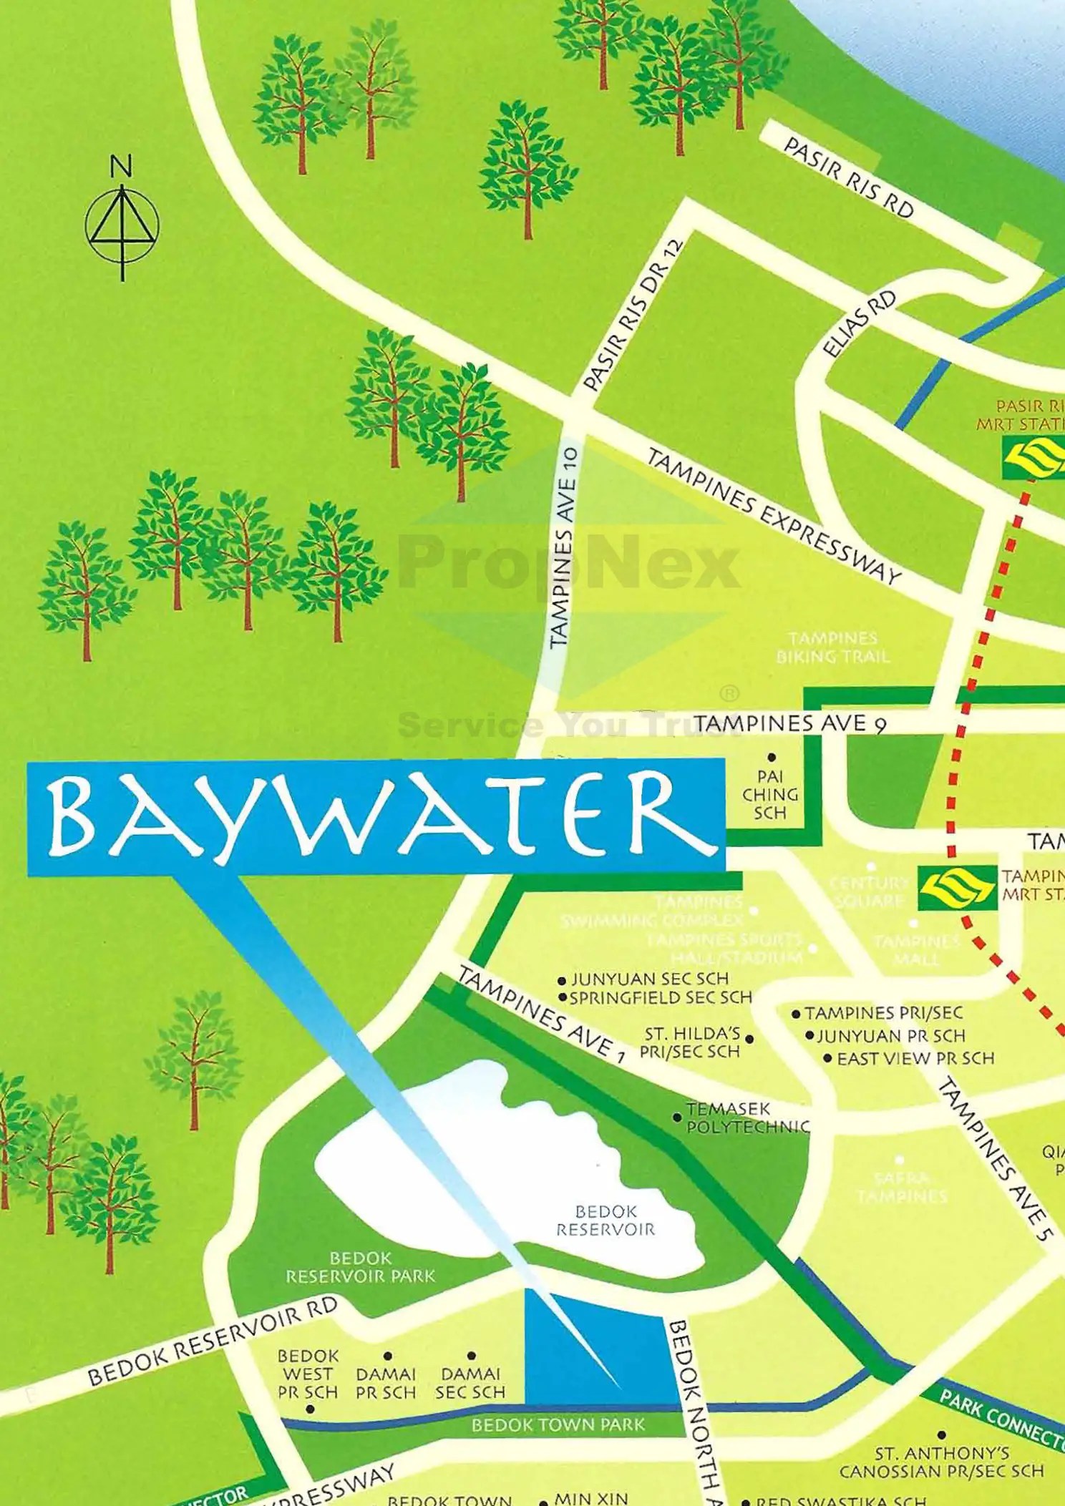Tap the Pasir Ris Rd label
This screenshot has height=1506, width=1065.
click(x=848, y=177)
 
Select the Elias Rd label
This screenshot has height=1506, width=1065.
click(x=859, y=324)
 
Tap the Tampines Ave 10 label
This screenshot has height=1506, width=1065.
click(x=564, y=548)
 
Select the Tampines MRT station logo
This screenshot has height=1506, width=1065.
click(x=957, y=888)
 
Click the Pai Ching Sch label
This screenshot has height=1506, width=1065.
click(x=770, y=795)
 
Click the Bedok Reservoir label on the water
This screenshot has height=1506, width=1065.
click(x=606, y=1221)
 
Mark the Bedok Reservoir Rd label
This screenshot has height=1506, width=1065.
click(x=212, y=1341)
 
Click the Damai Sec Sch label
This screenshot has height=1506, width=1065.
click(x=470, y=1383)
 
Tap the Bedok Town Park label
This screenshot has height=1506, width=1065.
click(x=558, y=1424)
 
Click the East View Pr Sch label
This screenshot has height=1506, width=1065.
click(x=915, y=1058)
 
